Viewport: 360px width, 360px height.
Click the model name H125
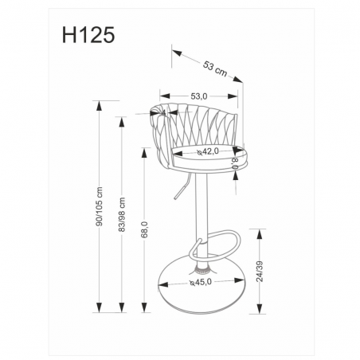point(88,35)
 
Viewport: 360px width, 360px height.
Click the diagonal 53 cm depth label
point(215,69)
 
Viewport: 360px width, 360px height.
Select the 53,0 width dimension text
point(199,96)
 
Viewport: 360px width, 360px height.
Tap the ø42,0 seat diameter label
point(208,151)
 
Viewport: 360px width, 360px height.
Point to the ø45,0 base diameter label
point(201,282)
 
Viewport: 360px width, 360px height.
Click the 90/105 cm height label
point(99,206)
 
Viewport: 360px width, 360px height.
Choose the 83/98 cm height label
point(122,214)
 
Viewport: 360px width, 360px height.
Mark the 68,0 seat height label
point(145,229)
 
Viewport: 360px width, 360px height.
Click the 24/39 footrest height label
point(260,272)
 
